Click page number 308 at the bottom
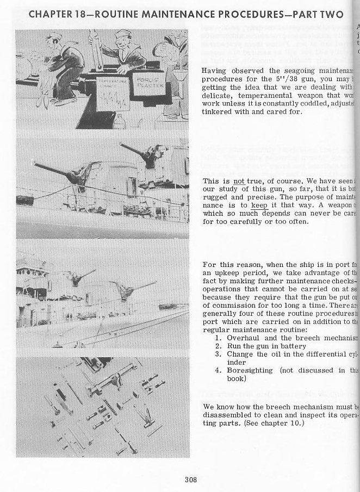[190, 479]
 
